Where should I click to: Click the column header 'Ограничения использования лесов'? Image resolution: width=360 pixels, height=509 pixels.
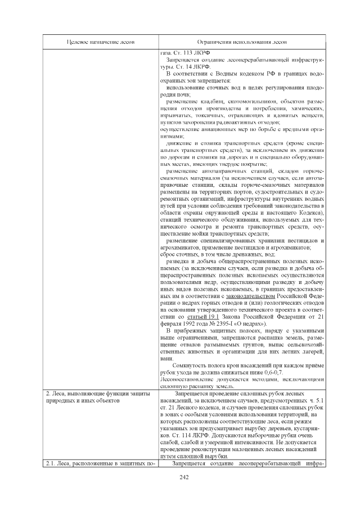coord(242,43)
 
